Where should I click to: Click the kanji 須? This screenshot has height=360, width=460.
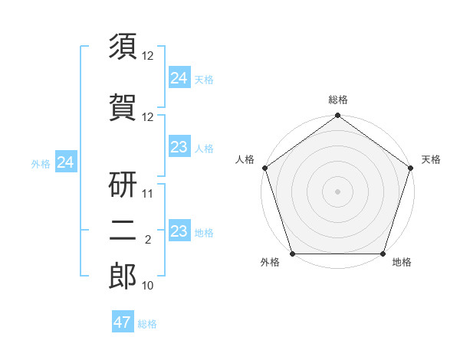click(123, 47)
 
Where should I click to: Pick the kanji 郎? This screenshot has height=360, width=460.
click(123, 277)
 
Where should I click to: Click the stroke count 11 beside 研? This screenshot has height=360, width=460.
click(148, 194)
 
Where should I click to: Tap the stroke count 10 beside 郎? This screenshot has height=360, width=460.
click(148, 286)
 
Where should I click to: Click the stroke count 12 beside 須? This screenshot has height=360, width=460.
click(148, 56)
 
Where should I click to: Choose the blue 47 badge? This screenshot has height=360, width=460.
click(123, 322)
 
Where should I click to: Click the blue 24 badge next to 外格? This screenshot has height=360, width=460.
click(66, 162)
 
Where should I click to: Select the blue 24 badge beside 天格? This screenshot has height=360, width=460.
click(179, 77)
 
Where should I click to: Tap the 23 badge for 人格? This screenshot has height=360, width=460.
click(179, 147)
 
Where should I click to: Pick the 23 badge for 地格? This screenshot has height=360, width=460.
click(179, 231)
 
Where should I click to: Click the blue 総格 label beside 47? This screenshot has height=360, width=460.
click(147, 324)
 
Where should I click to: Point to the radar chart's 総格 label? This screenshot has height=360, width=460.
click(337, 100)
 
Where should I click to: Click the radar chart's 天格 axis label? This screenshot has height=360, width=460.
click(431, 159)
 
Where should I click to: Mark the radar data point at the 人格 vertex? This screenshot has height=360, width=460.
click(264, 168)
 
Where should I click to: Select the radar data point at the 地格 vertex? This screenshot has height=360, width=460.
click(383, 254)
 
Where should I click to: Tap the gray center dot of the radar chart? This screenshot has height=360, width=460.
click(337, 191)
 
